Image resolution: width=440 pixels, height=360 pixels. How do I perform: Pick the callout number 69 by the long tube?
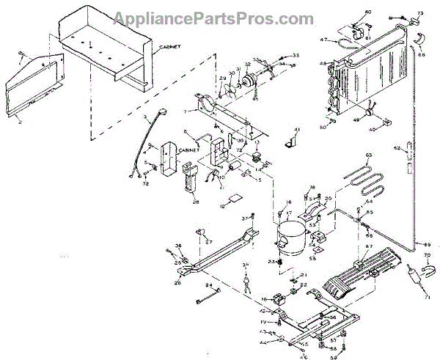point(428,243)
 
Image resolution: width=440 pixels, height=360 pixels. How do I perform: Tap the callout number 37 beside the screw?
point(244,218)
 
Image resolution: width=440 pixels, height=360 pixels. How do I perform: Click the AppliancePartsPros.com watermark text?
point(219,15)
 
